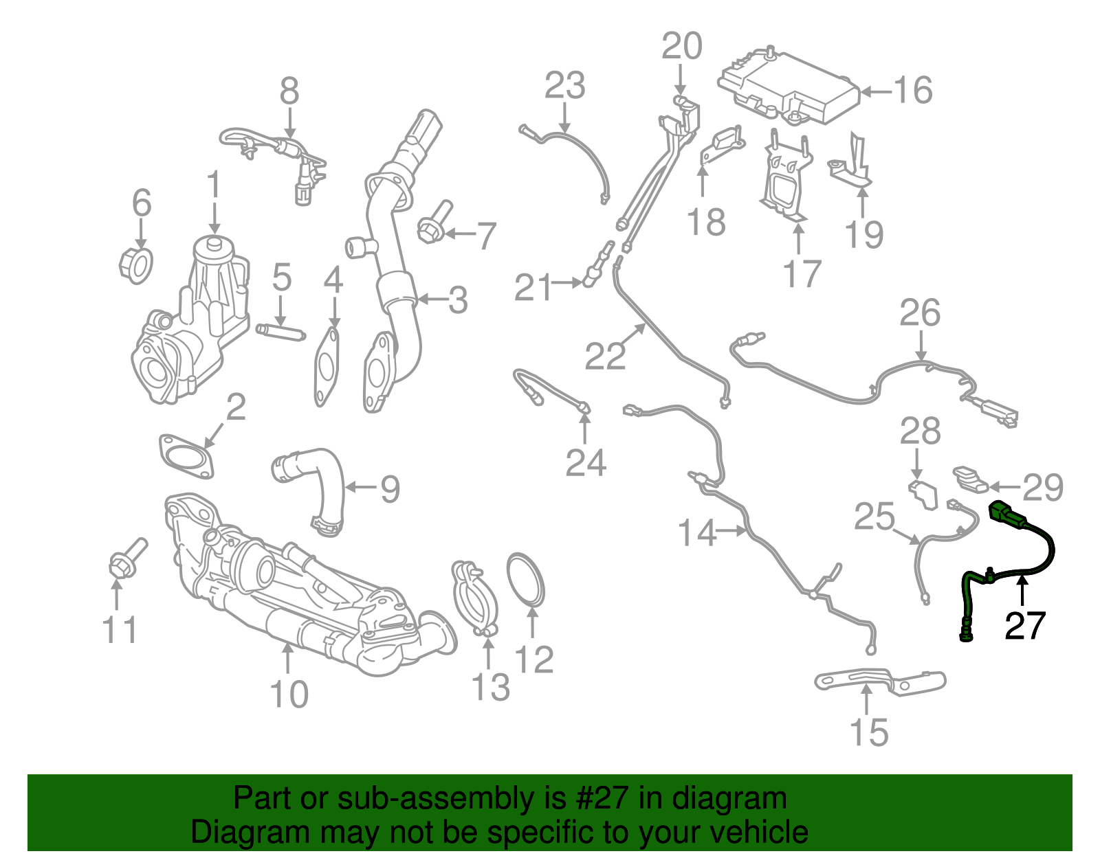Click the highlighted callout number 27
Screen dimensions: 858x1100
pyautogui.click(x=1024, y=625)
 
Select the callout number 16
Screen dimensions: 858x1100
pyautogui.click(x=912, y=90)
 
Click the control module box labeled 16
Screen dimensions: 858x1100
pyautogui.click(x=789, y=87)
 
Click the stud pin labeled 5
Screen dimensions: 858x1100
pyautogui.click(x=280, y=334)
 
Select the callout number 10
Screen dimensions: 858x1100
pyautogui.click(x=289, y=695)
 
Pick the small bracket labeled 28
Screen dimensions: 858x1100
pyautogui.click(x=923, y=494)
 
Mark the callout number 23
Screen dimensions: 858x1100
pyautogui.click(x=564, y=86)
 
